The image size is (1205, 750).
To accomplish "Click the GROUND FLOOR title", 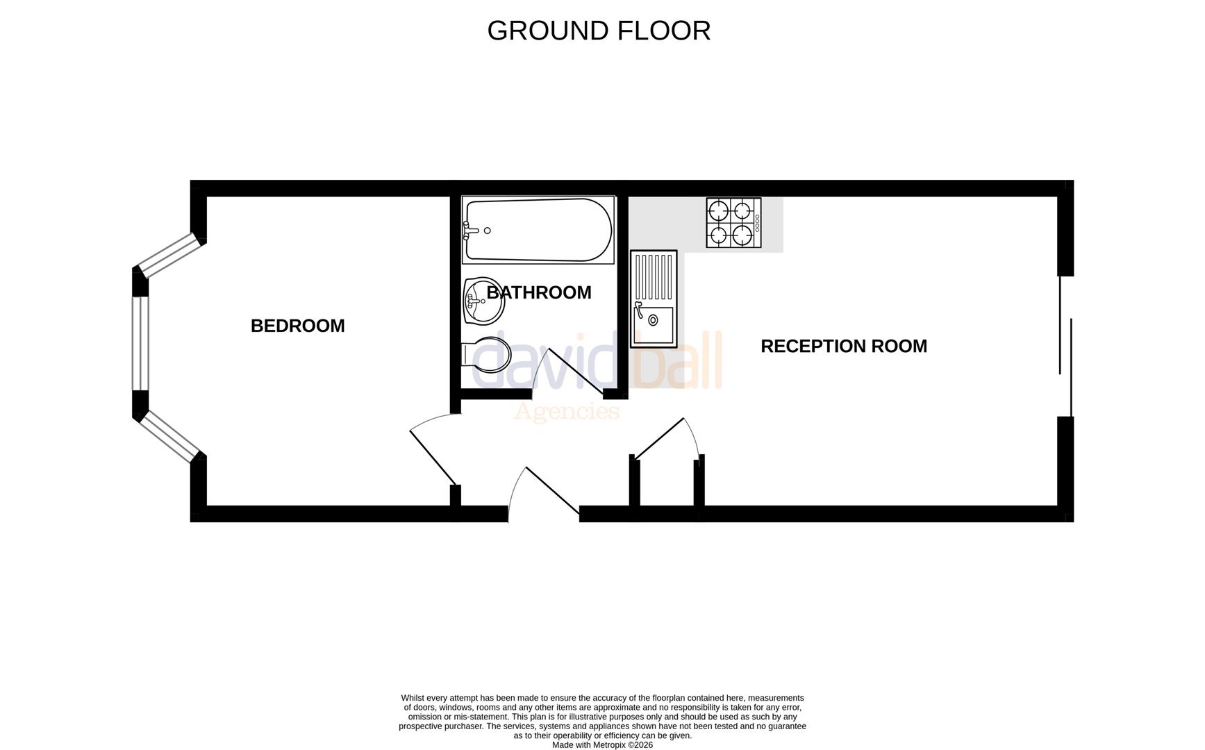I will [x=599, y=31].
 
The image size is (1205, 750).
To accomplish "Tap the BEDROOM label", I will [x=297, y=326].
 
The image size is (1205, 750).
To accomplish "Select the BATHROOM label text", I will [x=539, y=292].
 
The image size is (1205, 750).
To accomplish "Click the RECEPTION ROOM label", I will [x=843, y=346].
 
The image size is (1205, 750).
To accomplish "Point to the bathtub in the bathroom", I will [x=538, y=230].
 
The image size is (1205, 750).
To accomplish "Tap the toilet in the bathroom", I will [x=488, y=355].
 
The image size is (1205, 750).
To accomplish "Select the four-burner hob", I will [x=733, y=223].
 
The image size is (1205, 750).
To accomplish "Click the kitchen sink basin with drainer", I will [x=653, y=299].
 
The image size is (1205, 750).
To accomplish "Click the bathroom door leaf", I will [x=576, y=373].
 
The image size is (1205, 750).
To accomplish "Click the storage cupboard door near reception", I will [x=659, y=439].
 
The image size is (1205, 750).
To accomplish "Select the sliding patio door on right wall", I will [x=1065, y=346].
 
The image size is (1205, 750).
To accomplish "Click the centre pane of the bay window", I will [x=141, y=344].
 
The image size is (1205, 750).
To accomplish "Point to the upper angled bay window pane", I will [x=169, y=255].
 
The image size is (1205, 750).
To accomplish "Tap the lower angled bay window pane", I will [x=169, y=436].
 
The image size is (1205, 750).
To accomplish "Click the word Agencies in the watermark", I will [x=566, y=412].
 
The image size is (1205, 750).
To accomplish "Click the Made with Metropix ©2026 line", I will [x=602, y=744].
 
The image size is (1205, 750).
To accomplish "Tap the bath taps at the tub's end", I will [x=472, y=231].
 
